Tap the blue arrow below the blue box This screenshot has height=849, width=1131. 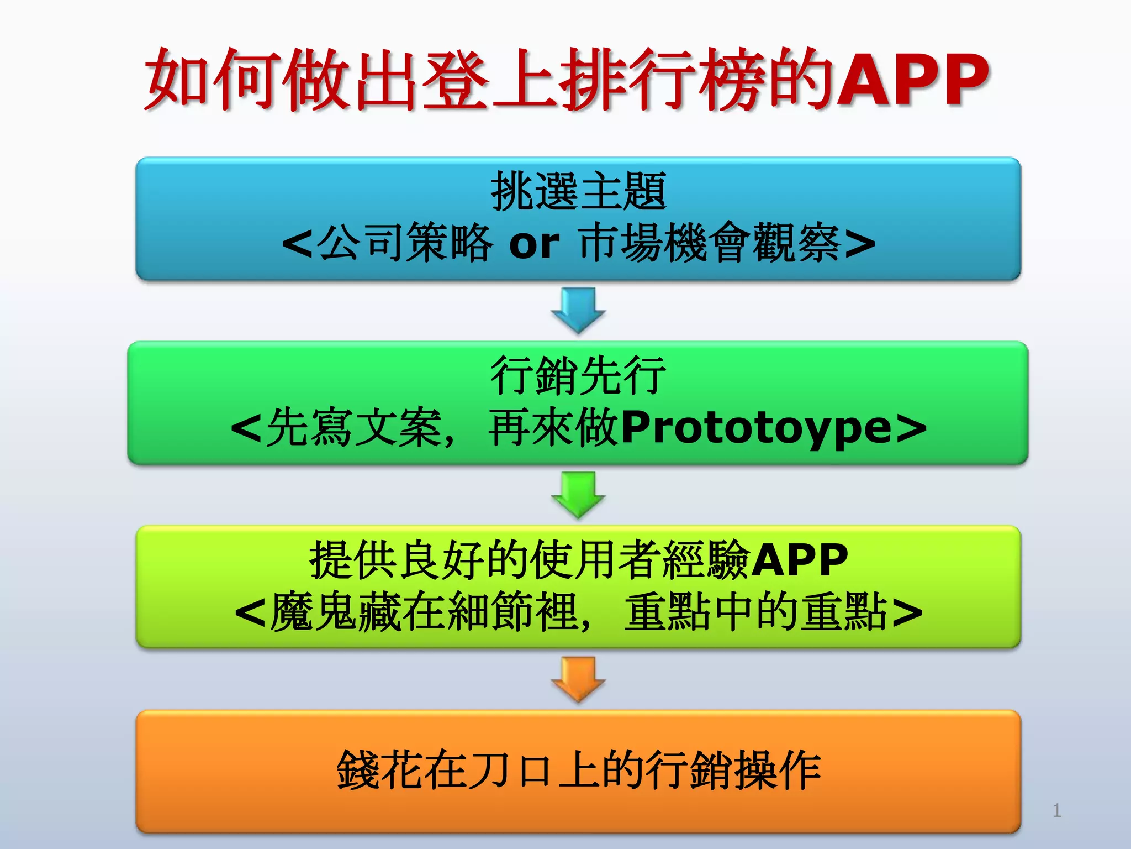point(578,310)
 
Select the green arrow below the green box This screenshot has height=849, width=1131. point(578,494)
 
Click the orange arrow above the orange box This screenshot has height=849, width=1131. point(578,679)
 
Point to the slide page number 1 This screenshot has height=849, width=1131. point(1056,810)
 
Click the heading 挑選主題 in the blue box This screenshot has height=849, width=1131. point(578,191)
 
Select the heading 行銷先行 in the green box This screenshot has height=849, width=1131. point(578,376)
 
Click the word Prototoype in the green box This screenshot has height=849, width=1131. point(756,428)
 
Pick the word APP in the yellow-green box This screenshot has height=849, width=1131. point(799,560)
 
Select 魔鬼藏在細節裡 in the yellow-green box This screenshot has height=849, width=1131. point(424,612)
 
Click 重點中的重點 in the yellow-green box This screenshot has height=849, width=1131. point(755,612)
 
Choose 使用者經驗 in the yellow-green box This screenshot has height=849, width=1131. point(640,560)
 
